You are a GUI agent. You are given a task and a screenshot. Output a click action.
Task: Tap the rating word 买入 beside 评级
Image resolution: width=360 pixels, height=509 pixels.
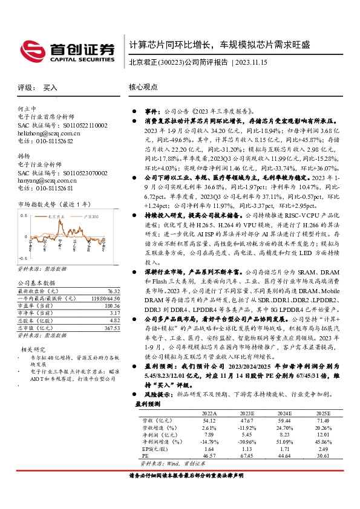click(x=50, y=88)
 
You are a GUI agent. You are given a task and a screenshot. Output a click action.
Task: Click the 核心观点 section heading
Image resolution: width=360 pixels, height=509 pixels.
click(x=144, y=88)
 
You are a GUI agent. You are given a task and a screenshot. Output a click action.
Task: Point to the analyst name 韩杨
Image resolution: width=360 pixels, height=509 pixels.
click(x=24, y=155)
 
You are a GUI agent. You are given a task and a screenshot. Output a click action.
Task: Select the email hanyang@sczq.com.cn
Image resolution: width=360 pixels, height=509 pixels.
click(x=48, y=180)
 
